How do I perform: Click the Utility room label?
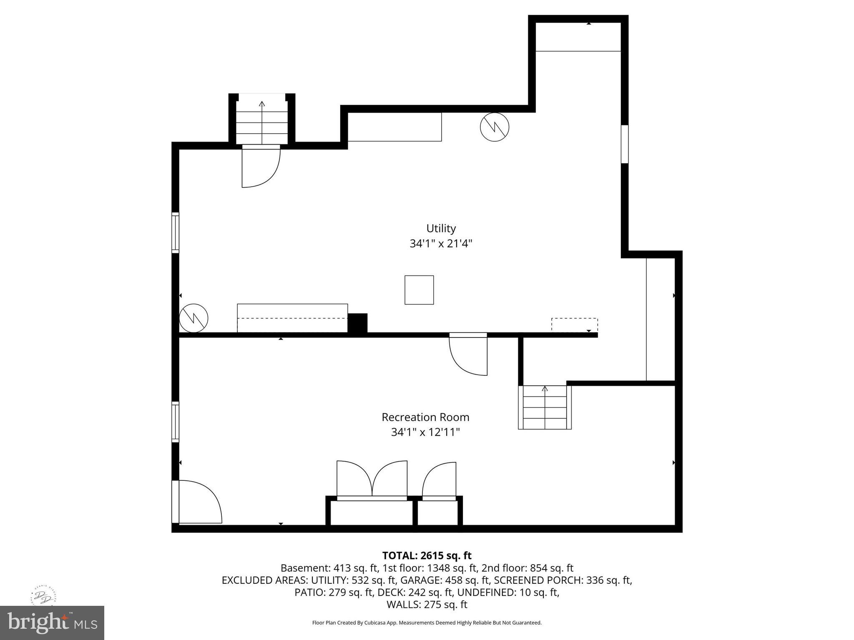(x=441, y=228)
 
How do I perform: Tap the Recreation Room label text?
(x=425, y=417)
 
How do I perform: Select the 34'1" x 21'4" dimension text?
(x=441, y=244)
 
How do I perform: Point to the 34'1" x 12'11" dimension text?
(x=425, y=432)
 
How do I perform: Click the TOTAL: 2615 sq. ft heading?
(x=427, y=555)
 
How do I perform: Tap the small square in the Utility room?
(x=419, y=290)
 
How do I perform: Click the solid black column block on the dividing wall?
(x=357, y=323)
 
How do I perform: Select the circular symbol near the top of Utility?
(x=495, y=127)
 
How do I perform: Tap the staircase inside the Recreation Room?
(x=545, y=407)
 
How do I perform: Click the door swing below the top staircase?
(x=261, y=167)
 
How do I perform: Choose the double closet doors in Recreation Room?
(x=372, y=479)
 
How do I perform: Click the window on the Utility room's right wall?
(x=624, y=144)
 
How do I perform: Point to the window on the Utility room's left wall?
(x=176, y=232)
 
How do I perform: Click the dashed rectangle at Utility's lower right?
(x=574, y=325)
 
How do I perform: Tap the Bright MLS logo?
(x=52, y=622)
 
